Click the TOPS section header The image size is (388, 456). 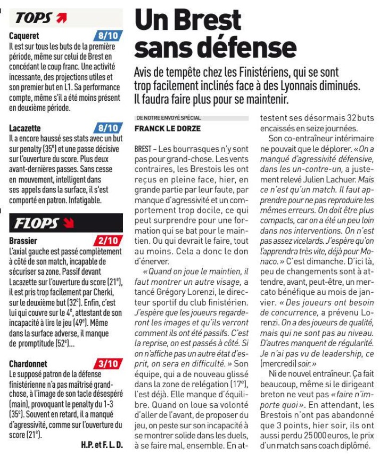pyautogui.click(x=34, y=17)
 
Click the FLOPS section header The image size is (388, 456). pyautogui.click(x=36, y=222)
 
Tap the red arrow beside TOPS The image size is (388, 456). pyautogui.click(x=62, y=18)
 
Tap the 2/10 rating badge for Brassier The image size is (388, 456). pyautogui.click(x=108, y=241)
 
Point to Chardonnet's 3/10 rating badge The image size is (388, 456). pyautogui.click(x=108, y=364)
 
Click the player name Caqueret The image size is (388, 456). pyautogui.click(x=24, y=36)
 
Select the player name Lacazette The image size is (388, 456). pyautogui.click(x=26, y=128)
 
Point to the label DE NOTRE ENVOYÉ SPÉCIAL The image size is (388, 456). pyautogui.click(x=169, y=117)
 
